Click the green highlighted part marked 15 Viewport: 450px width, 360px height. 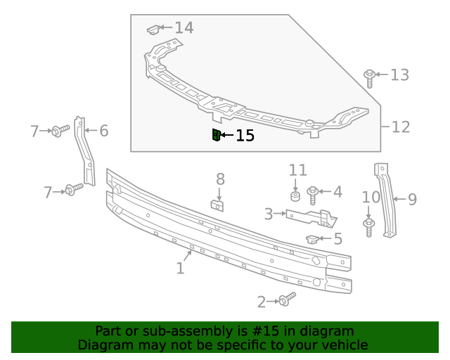click(x=216, y=135)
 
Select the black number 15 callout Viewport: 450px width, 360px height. click(x=245, y=136)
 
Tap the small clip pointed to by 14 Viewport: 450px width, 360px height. click(x=152, y=30)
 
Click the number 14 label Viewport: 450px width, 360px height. click(x=184, y=28)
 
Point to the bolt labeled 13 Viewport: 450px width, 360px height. click(x=369, y=77)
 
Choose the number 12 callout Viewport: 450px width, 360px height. click(x=400, y=127)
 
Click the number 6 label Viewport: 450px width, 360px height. click(x=103, y=130)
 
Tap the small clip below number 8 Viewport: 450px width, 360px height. click(x=218, y=205)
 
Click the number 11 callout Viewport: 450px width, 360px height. click(x=298, y=169)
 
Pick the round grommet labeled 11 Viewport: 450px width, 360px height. click(x=296, y=194)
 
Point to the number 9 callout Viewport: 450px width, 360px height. click(x=412, y=200)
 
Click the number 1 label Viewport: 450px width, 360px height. click(x=180, y=268)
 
